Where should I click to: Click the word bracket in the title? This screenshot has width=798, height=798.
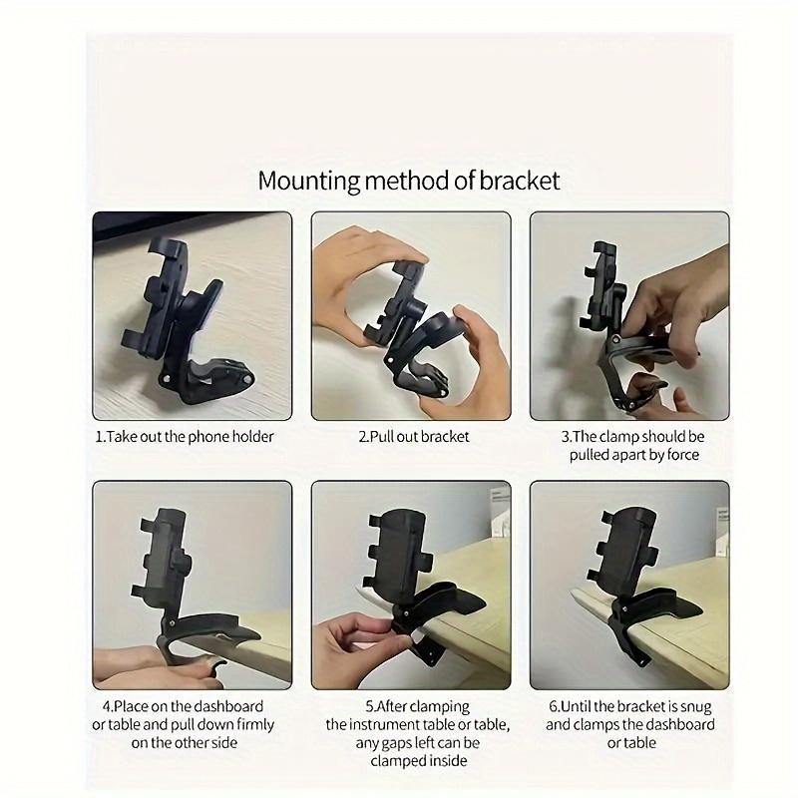pos(519,181)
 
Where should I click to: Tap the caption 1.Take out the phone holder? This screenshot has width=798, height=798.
pos(185,436)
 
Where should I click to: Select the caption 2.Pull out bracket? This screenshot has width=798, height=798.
pos(413,436)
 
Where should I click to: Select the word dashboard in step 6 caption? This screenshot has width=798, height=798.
pos(677,724)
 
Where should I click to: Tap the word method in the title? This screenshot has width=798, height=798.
pos(412,181)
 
